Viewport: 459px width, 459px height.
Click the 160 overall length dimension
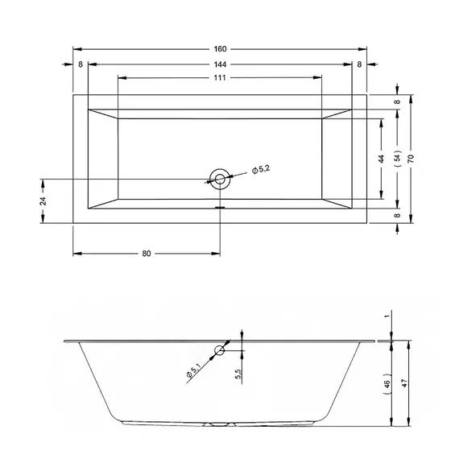click(x=220, y=49)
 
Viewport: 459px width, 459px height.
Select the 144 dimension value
click(x=220, y=64)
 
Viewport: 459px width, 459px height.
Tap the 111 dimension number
click(x=220, y=77)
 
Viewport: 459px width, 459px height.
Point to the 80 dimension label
click(x=147, y=254)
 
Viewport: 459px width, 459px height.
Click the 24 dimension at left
click(x=43, y=201)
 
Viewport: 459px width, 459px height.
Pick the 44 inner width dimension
click(x=381, y=159)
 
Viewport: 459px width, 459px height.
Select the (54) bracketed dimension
click(x=397, y=159)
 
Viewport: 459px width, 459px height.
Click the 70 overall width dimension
click(x=411, y=159)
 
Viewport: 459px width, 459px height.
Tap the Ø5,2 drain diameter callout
click(x=261, y=170)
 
